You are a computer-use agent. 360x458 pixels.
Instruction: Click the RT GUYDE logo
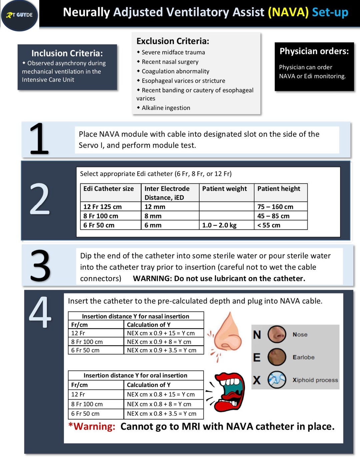(20, 15)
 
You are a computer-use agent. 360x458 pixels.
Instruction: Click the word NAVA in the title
(288, 12)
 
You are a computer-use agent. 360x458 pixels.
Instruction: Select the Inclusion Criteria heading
(67, 53)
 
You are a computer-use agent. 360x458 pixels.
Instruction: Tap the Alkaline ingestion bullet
(166, 108)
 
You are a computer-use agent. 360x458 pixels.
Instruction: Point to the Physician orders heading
(314, 51)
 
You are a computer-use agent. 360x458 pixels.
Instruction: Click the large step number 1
(39, 139)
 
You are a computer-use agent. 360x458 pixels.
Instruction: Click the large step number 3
(40, 266)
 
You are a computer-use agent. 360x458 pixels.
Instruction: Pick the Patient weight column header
(224, 189)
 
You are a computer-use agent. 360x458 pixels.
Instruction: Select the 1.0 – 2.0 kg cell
(219, 225)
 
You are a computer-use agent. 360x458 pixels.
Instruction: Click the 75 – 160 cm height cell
(275, 207)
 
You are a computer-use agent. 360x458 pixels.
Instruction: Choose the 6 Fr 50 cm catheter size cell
(99, 225)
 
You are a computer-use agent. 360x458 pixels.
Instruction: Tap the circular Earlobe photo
(277, 357)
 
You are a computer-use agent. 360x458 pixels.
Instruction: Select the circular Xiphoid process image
(277, 380)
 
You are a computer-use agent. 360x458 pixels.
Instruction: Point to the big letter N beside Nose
(257, 335)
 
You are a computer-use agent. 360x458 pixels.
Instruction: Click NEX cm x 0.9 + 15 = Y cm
(161, 333)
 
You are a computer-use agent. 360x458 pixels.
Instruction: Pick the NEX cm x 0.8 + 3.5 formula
(161, 414)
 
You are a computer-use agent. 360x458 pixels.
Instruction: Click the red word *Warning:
(92, 426)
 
